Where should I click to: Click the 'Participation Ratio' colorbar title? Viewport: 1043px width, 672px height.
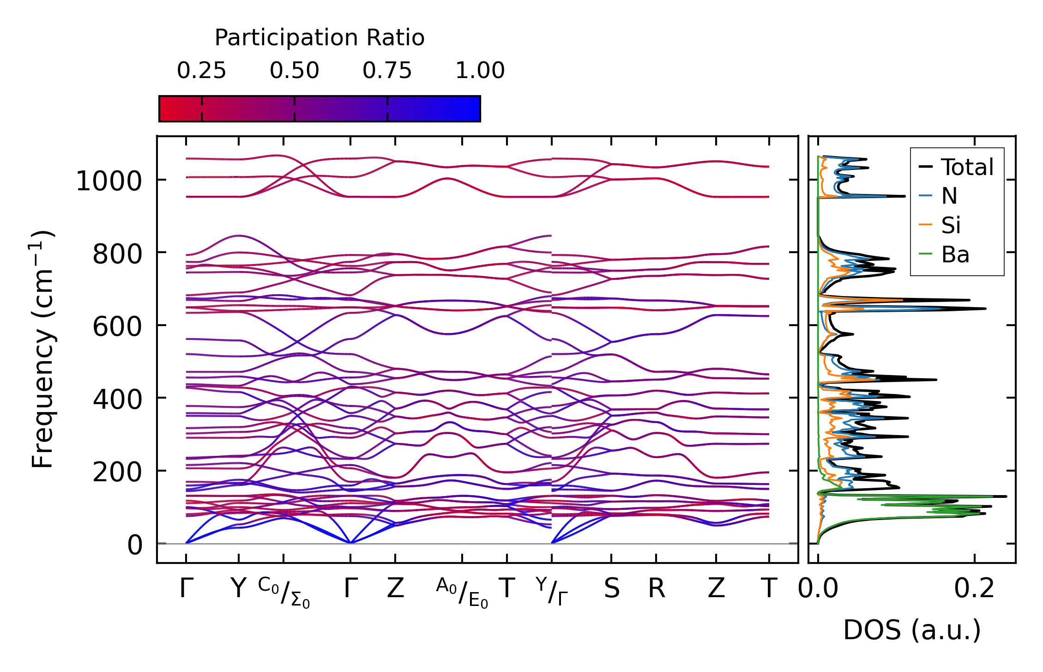(320, 38)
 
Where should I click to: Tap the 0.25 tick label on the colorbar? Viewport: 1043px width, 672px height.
(201, 71)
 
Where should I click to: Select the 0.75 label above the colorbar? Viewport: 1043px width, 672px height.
(387, 71)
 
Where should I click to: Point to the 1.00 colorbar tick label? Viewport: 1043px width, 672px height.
(480, 71)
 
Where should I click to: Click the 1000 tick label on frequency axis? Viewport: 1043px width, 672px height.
(109, 181)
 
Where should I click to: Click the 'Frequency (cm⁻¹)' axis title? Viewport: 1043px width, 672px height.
(43, 349)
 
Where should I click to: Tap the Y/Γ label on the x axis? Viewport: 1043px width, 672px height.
(552, 591)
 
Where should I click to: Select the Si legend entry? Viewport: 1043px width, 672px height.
(951, 225)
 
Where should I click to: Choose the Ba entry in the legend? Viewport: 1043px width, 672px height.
(955, 254)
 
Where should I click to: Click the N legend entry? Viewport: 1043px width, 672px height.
(949, 196)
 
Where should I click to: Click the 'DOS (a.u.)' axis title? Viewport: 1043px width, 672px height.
(912, 630)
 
